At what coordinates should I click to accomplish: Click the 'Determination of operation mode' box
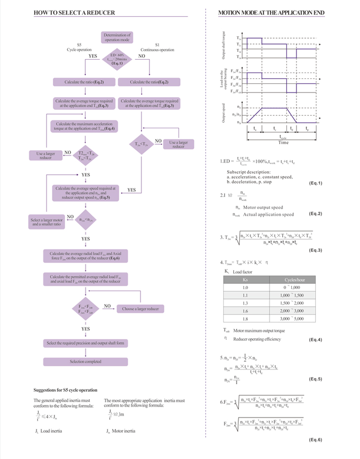coord(117,37)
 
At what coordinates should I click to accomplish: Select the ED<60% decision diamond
coord(117,59)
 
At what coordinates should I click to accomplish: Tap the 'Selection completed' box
coord(86,362)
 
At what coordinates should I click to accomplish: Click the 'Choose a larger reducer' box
coord(141,309)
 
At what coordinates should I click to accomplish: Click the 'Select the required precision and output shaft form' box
coord(86,343)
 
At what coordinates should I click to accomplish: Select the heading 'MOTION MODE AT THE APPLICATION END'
coord(271,13)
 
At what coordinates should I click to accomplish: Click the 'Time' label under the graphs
coord(283,143)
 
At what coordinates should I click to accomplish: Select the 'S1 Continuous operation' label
coord(157,47)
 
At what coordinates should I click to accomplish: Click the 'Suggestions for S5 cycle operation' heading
coord(66,390)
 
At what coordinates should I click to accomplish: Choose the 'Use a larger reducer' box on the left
coord(45,155)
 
